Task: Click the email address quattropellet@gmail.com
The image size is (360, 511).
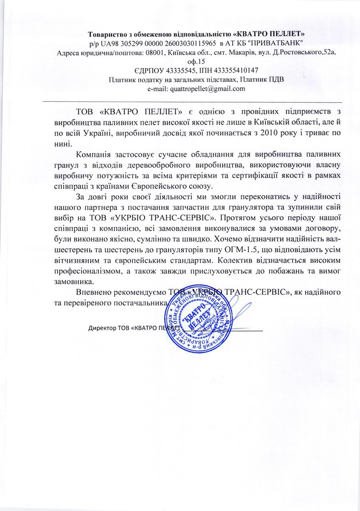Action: pos(207,89)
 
